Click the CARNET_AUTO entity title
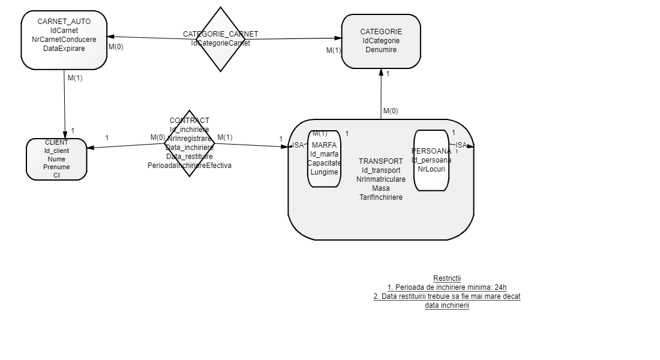64,22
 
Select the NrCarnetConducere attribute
64,40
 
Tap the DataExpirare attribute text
64,49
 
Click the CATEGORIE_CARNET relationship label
221,34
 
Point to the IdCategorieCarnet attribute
221,43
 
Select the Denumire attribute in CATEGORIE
381,50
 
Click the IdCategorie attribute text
381,41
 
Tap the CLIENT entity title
56,142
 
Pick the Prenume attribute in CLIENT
56,167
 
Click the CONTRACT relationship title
190,121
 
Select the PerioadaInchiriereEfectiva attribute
190,166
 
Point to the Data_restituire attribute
190,157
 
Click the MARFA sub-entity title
325,145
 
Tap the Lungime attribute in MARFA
324,172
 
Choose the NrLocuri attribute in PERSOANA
431,169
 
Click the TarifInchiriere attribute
381,197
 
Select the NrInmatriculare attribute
381,179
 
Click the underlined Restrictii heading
447,278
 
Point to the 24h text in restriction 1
500,287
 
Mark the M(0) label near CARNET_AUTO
116,47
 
